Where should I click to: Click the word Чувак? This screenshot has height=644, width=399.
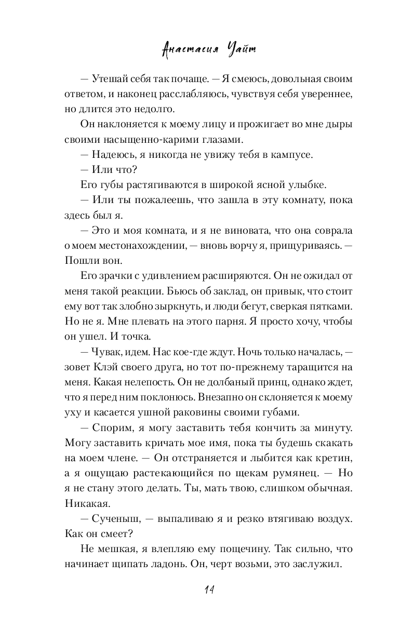[x=110, y=353]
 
